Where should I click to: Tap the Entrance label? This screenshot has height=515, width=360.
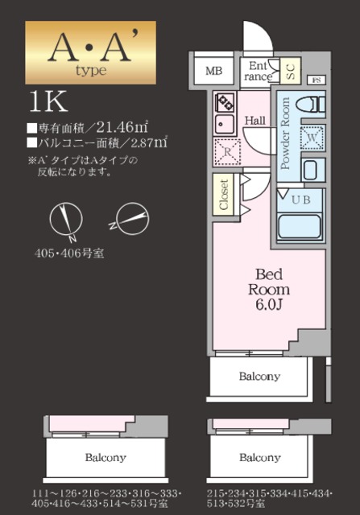click(259, 71)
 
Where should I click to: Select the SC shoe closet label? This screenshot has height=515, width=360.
click(290, 71)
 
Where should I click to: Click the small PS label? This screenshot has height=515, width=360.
click(316, 80)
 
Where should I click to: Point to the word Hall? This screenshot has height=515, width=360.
click(255, 121)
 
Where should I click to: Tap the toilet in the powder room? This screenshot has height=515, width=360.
click(308, 105)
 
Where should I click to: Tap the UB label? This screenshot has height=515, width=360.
click(300, 199)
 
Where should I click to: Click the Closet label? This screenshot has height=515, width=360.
click(224, 194)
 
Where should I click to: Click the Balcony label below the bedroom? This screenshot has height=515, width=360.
click(259, 376)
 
